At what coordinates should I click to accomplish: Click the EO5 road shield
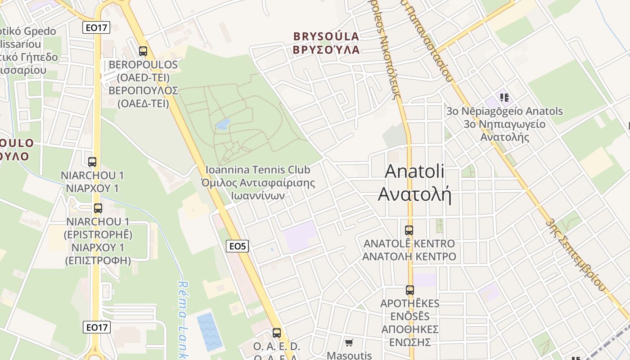coord(237,246)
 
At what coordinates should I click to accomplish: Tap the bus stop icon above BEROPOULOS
coord(143,51)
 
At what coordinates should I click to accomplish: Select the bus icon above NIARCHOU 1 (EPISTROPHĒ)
coord(98,208)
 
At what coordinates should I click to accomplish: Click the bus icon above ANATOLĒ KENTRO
coord(409,230)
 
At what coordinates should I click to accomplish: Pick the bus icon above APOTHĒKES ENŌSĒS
coord(409,290)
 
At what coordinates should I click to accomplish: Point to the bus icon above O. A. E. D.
coord(276,333)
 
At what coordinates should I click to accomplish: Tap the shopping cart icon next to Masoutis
coord(349,343)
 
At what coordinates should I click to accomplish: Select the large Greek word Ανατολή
coord(414,194)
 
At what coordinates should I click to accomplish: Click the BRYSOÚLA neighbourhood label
coord(326,36)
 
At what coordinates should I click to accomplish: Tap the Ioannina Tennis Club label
coord(258,170)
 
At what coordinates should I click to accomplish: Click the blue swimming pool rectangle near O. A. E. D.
coord(210,332)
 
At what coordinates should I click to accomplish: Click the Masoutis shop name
coord(349,355)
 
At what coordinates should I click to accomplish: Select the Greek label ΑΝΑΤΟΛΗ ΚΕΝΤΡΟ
coord(409,257)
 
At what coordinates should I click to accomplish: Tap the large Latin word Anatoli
coord(414,171)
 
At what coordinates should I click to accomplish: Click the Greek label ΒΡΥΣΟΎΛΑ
coord(326,49)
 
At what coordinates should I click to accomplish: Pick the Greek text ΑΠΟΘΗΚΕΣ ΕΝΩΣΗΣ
coord(409,336)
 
